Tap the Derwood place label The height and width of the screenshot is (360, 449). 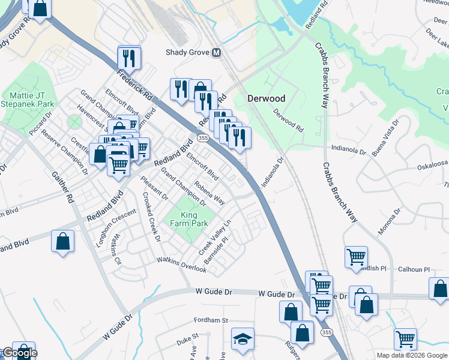pos(267,98)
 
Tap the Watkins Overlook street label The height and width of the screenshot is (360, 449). pos(182,265)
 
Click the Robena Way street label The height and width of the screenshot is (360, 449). pos(209,192)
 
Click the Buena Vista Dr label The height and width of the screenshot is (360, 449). pos(385,138)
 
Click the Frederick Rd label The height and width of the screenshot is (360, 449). pos(135,86)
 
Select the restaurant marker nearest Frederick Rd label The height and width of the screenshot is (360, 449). pos(129,58)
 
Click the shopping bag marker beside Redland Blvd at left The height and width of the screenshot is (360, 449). pos(62,241)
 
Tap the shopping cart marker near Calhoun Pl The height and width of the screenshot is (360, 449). pos(356,257)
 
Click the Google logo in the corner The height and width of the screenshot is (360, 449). pos(19,353)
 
